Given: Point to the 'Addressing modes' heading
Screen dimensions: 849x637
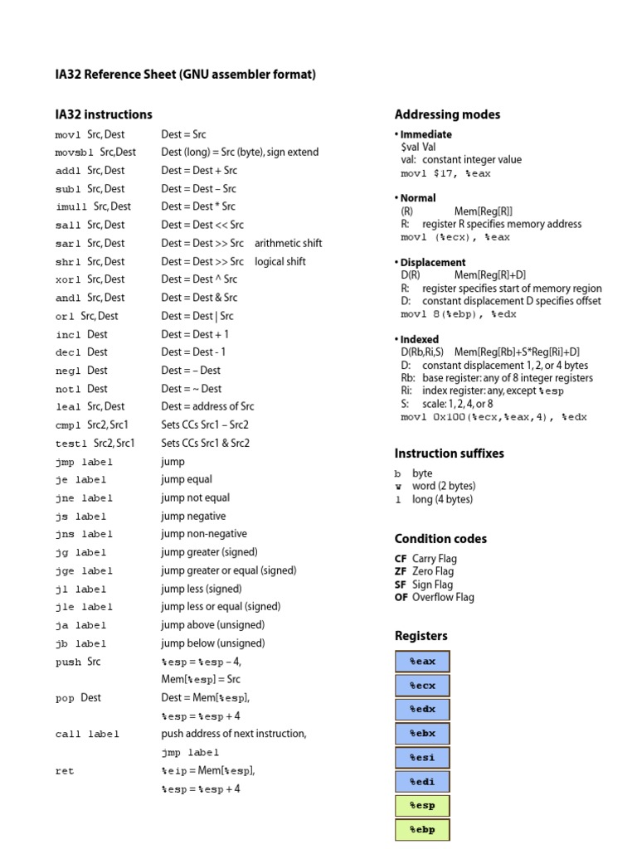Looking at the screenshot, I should pos(447,114).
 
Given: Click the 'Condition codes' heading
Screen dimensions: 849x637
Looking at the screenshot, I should pos(440,539).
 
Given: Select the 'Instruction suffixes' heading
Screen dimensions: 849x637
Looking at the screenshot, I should pos(449,454).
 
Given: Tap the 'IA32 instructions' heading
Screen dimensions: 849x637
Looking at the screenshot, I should pos(104,114).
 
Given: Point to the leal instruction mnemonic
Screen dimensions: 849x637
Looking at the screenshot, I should pos(68,407).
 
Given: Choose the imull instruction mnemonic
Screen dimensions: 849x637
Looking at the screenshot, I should pos(71,207).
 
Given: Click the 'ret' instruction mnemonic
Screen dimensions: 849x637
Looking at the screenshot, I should pos(65,771).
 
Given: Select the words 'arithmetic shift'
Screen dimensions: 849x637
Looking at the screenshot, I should pos(289,244).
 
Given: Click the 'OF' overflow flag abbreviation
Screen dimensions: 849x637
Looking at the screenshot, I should pos(401,597).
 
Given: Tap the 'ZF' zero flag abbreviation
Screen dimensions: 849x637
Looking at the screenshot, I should pos(401,571).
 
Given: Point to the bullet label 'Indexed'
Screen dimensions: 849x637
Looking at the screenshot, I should pos(419,339).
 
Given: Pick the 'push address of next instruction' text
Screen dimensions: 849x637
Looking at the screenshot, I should pos(233,734).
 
